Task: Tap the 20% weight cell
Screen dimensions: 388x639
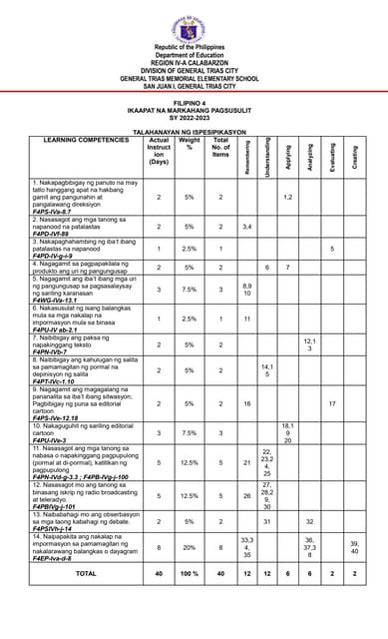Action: click(190, 547)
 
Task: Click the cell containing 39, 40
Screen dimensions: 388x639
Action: click(355, 547)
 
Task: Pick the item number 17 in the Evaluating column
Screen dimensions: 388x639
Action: click(332, 404)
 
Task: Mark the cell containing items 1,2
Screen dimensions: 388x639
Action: click(287, 197)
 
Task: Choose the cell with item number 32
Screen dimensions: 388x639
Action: click(310, 521)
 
